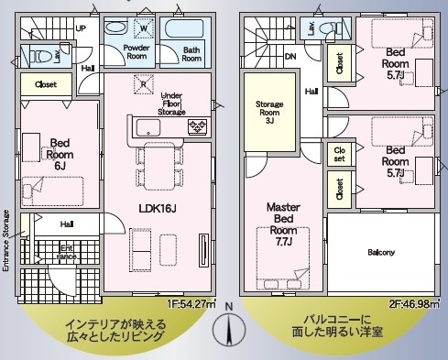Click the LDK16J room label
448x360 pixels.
coord(158,209)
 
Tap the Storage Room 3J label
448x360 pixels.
coord(269,113)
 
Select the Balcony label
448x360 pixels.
coord(381,253)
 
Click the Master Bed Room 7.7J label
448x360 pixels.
coord(283,224)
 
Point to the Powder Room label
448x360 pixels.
coord(137,52)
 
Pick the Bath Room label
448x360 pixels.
coord(191,54)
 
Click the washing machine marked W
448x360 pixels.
coord(144,28)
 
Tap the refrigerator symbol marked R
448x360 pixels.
coord(144,83)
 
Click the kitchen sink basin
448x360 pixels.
coord(148,128)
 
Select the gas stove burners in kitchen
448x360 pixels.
coord(197,126)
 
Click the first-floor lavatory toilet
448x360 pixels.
coord(40,56)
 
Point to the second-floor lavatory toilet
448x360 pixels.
coord(330,29)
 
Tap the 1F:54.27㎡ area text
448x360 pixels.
coord(191,304)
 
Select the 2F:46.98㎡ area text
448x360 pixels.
coord(414,304)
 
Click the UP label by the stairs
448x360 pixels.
coord(81,28)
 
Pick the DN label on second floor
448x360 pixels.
coord(290,57)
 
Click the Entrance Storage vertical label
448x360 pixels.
coord(6,240)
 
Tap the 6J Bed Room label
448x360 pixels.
coord(60,154)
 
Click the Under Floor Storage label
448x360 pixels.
coord(171,104)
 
